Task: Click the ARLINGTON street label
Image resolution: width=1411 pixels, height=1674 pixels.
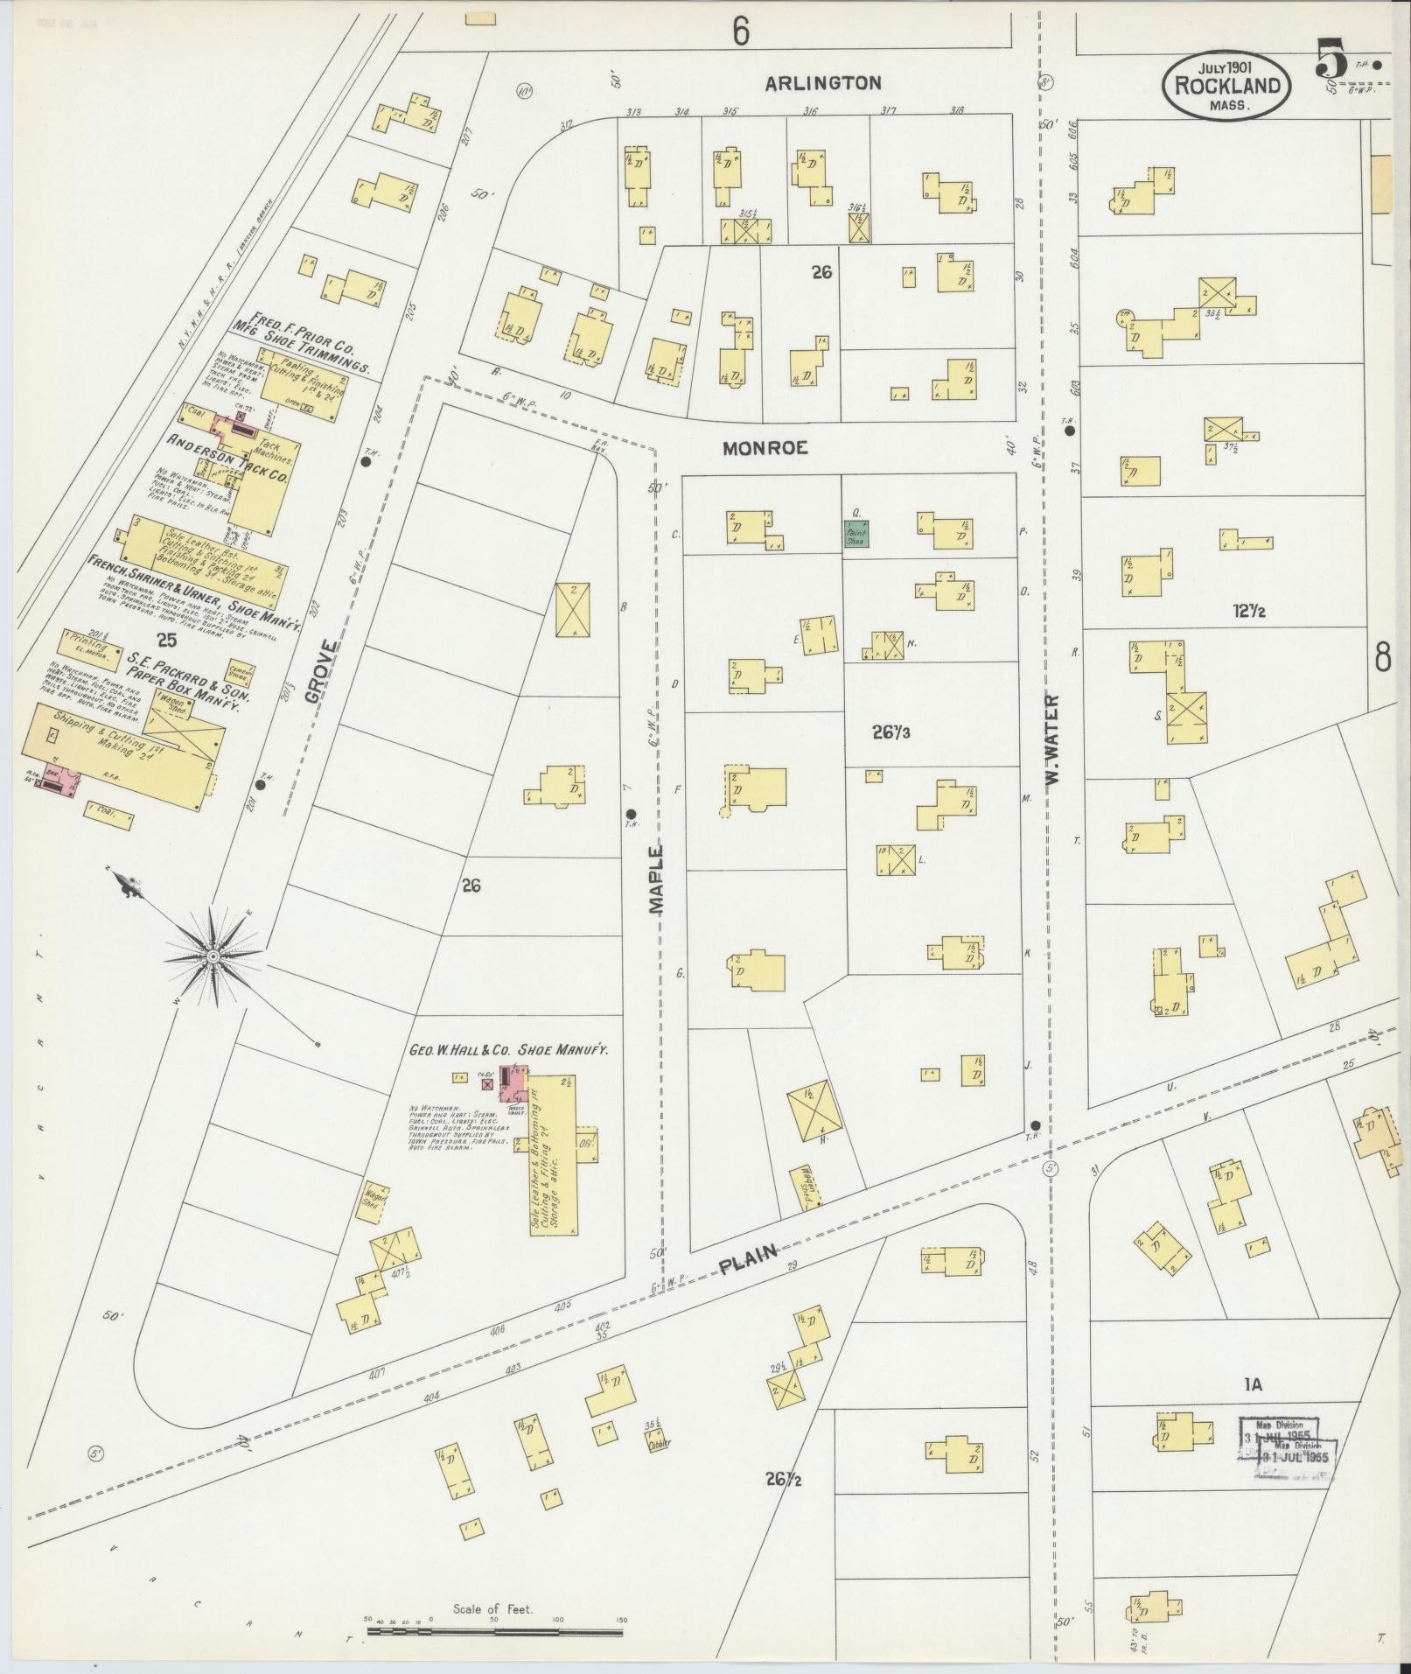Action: click(823, 83)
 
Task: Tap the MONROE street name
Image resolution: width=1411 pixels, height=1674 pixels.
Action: click(765, 447)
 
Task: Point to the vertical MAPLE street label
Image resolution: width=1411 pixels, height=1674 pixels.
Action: click(657, 879)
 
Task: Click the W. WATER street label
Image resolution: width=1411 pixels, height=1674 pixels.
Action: click(1051, 738)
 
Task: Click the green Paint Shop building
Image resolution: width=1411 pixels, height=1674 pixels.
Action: click(856, 534)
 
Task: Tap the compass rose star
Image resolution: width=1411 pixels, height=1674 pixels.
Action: click(213, 957)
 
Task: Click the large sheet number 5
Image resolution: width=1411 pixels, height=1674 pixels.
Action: click(1330, 63)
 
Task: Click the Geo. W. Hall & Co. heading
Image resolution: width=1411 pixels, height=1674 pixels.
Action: click(509, 1051)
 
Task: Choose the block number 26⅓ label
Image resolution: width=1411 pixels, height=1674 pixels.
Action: click(891, 732)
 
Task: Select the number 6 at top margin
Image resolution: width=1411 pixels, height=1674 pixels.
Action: click(741, 32)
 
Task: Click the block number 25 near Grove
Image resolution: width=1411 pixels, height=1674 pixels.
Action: click(165, 640)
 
